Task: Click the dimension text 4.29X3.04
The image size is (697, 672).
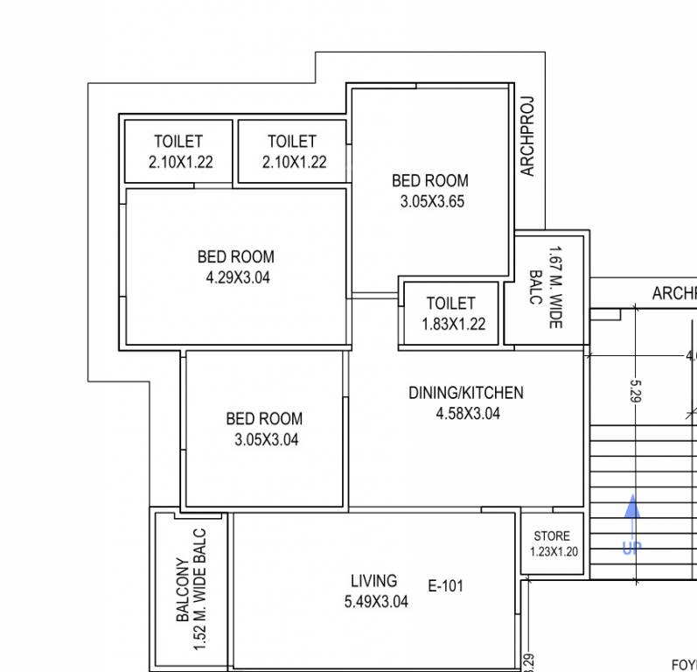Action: pyautogui.click(x=235, y=278)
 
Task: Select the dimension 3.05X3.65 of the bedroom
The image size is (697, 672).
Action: pyautogui.click(x=430, y=201)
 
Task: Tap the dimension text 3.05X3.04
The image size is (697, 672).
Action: pyautogui.click(x=266, y=440)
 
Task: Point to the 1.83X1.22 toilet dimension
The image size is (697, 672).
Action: pyautogui.click(x=451, y=324)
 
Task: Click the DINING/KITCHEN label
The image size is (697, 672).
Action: pyautogui.click(x=466, y=393)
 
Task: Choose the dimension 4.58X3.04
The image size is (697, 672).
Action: pyautogui.click(x=468, y=414)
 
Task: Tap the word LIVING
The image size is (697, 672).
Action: pyautogui.click(x=373, y=580)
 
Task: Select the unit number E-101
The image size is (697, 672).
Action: pyautogui.click(x=446, y=586)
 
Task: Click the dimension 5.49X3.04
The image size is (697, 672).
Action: pyautogui.click(x=376, y=601)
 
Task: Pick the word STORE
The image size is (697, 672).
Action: pyautogui.click(x=552, y=535)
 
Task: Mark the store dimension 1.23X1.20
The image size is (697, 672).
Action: pyautogui.click(x=553, y=551)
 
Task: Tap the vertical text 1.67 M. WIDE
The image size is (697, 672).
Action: pyautogui.click(x=554, y=288)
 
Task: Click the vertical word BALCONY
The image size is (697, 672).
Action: pyautogui.click(x=183, y=591)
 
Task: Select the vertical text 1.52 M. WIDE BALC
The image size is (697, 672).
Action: pyautogui.click(x=200, y=588)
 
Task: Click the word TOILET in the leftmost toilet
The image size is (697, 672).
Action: pyautogui.click(x=178, y=141)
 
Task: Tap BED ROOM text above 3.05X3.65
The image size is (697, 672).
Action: pyautogui.click(x=430, y=181)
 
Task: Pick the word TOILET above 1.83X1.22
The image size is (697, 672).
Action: pyautogui.click(x=451, y=304)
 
